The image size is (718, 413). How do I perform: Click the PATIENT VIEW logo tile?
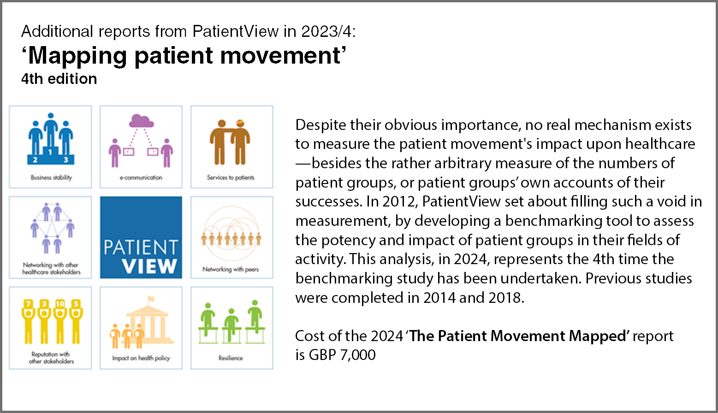141,237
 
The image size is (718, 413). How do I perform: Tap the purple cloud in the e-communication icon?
141,121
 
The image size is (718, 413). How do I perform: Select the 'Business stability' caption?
51,177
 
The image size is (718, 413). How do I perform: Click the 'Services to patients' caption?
231,177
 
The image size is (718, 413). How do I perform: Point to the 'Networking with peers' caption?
231,269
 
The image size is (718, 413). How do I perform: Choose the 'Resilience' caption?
231,358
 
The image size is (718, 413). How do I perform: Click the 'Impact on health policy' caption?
141,358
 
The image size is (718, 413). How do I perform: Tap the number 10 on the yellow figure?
60,303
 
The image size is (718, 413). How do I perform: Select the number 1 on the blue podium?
50,152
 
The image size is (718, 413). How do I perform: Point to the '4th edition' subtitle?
59,79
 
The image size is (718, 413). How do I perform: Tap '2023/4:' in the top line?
328,31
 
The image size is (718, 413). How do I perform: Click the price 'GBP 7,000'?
342,354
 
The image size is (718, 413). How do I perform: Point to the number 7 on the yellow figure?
29,303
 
